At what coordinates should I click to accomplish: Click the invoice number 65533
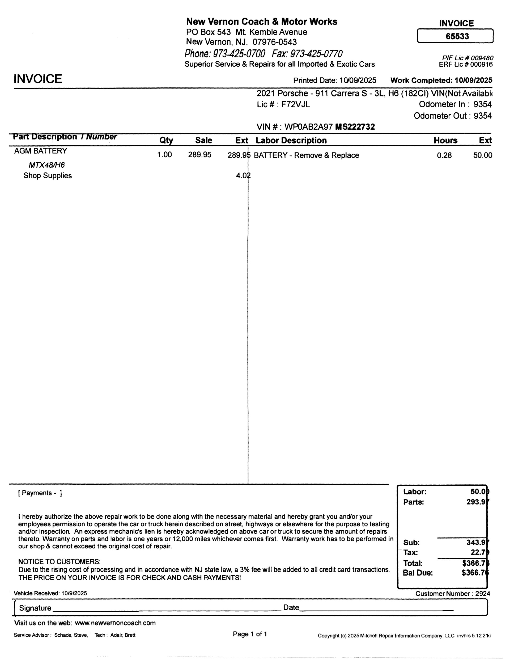click(x=457, y=36)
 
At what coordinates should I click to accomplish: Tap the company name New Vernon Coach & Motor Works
click(x=262, y=22)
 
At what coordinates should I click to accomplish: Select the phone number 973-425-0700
click(x=239, y=54)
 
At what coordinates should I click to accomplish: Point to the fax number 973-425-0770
click(x=316, y=54)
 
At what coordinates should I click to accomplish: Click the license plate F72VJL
click(x=295, y=105)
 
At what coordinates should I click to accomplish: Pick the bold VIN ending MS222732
click(x=355, y=127)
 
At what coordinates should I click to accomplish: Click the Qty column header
click(x=166, y=140)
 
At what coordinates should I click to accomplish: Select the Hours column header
click(x=445, y=141)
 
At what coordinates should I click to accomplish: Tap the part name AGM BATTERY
click(x=40, y=151)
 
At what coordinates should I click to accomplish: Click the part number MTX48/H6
click(x=46, y=165)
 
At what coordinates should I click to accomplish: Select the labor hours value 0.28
click(x=444, y=155)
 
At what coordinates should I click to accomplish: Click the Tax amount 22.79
click(x=480, y=552)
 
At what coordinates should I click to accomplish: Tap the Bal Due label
click(x=418, y=573)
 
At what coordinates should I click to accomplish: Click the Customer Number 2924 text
click(x=453, y=593)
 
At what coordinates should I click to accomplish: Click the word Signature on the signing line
click(x=35, y=608)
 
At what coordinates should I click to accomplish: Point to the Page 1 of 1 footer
click(x=250, y=634)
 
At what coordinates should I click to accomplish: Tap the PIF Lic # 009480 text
click(x=468, y=58)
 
